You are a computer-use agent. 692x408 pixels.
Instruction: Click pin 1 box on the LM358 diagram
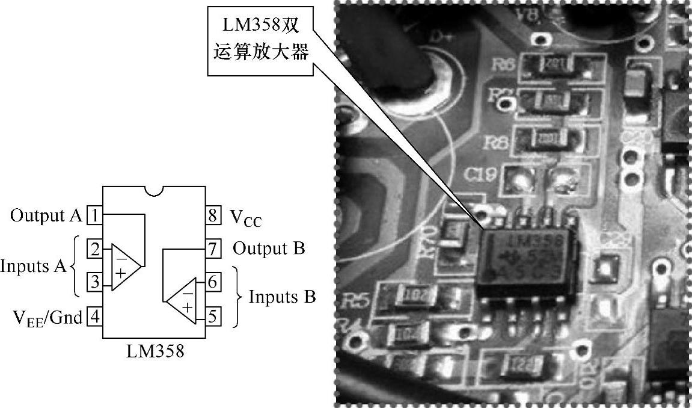[x=94, y=214]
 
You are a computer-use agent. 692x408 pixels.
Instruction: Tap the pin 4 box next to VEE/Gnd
[x=94, y=315]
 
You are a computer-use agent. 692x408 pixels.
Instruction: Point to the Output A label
[x=46, y=215]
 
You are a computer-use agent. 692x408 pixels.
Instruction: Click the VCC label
[x=246, y=216]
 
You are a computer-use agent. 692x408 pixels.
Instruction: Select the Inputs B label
[x=282, y=297]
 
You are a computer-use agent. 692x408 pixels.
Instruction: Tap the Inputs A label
[x=33, y=265]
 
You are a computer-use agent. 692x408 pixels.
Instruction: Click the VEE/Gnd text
[x=47, y=317]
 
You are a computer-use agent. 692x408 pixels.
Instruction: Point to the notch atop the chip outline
[x=155, y=191]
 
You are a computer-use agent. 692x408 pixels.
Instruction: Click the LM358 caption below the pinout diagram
[x=155, y=351]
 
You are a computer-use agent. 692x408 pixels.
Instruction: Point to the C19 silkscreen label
[x=481, y=175]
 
